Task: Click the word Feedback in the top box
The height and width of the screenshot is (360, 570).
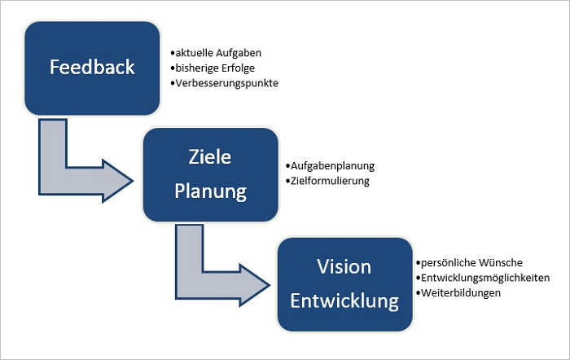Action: (92, 67)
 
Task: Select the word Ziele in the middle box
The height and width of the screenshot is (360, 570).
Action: (210, 157)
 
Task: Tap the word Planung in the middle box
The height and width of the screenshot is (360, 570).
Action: (210, 191)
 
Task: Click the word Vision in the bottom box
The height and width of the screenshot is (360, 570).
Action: (344, 266)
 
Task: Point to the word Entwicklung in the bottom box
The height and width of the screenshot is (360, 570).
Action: (344, 301)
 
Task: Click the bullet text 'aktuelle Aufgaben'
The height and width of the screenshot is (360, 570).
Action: (218, 53)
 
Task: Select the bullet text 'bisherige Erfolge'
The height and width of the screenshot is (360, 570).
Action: (215, 68)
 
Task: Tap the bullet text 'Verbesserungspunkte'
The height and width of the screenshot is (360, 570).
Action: (227, 83)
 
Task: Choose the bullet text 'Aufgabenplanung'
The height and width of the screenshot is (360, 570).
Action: (332, 166)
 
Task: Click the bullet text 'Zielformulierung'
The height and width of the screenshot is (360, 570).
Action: (330, 181)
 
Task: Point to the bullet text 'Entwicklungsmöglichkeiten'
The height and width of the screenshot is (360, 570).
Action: (485, 279)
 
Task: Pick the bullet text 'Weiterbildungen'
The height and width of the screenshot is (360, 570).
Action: (461, 293)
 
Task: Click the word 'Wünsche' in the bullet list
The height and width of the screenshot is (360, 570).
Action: (501, 262)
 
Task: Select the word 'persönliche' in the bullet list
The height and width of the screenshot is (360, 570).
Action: (448, 263)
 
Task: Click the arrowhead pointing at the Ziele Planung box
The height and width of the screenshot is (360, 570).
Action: (118, 181)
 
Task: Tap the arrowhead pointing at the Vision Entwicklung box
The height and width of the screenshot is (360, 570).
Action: (254, 285)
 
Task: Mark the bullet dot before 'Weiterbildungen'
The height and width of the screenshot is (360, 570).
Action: (419, 293)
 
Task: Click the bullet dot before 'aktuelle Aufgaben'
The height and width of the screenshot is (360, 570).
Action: (173, 53)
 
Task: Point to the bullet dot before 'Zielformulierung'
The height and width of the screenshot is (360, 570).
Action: (288, 181)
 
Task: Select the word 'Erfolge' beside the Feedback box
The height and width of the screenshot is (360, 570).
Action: (239, 68)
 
